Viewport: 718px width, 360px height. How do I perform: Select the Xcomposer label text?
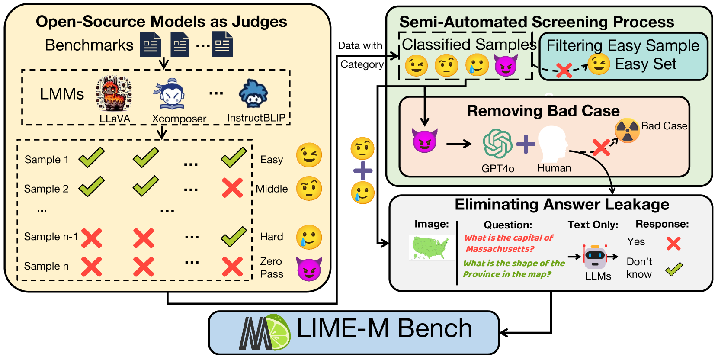[179, 119]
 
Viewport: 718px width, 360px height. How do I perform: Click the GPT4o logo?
[497, 144]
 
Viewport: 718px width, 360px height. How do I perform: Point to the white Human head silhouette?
[553, 144]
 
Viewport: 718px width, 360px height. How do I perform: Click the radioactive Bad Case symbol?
[627, 130]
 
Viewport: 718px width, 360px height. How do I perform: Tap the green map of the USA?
[431, 247]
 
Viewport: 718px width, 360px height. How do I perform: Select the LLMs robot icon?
[595, 257]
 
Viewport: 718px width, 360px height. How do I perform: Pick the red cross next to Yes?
[673, 244]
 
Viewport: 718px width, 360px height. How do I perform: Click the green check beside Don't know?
[673, 269]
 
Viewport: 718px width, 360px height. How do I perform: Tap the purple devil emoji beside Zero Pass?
[309, 268]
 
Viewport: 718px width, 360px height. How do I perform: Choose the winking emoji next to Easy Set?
[599, 64]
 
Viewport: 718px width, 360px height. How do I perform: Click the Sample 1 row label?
[46, 160]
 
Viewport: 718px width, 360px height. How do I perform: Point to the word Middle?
[272, 189]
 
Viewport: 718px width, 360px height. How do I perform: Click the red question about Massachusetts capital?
[508, 243]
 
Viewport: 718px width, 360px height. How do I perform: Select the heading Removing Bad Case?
[543, 111]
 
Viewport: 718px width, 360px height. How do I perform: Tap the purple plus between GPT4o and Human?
[526, 144]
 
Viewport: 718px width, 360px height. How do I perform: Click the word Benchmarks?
[89, 45]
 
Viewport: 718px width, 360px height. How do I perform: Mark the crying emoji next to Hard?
[309, 237]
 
